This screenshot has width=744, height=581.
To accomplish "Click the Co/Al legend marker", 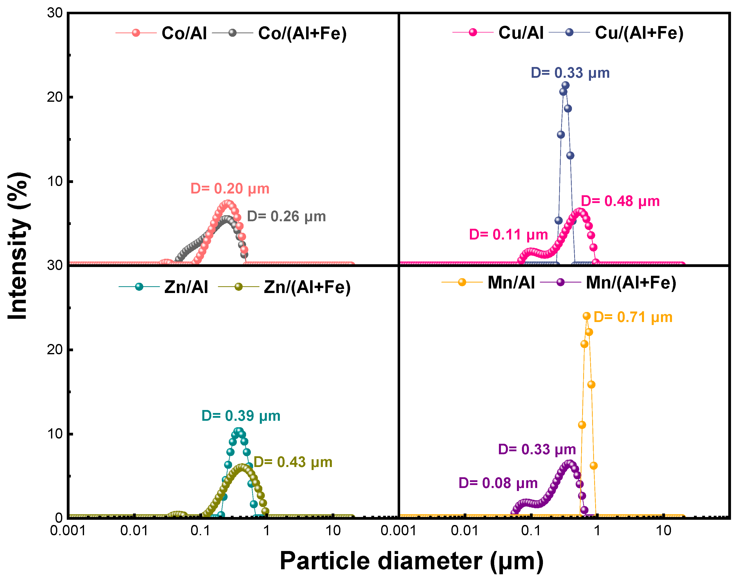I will pos(136,33).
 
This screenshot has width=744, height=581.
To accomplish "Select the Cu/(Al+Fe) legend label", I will pos(639,33).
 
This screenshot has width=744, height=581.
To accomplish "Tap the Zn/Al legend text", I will pos(186,287).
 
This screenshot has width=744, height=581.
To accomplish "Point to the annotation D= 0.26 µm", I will pos(286,216).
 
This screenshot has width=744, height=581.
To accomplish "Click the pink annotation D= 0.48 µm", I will pos(620,201).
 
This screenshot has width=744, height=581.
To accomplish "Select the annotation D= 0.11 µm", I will pos(508,235).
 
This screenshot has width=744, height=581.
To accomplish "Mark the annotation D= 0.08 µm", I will pos(498,483).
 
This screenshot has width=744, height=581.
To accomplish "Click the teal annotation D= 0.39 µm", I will pos(241,416).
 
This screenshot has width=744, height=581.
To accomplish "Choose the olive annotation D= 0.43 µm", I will pos(293,462).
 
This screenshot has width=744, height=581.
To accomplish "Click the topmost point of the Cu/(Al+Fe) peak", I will pos(565,85).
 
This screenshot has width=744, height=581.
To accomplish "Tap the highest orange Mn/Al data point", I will pos(586,316).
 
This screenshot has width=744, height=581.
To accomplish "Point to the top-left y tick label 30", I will pos(55,13).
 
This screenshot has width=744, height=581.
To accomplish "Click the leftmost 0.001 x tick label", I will pos(68,530).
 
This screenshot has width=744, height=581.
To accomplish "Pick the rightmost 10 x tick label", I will pos(663,530).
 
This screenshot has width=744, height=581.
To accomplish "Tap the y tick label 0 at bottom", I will pos(59,518).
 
